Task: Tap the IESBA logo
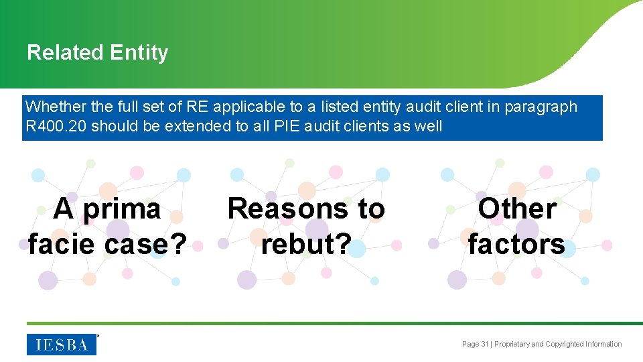62,344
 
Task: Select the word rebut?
306,243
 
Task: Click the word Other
516,208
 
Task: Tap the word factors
516,243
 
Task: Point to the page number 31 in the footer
484,345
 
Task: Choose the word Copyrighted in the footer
564,345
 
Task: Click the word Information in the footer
604,345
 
